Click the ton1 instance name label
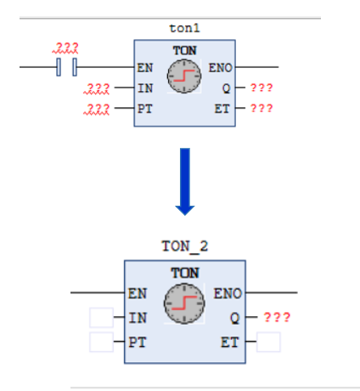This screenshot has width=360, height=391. tap(184, 28)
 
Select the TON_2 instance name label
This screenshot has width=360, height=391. tap(185, 246)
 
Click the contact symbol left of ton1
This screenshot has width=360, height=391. tap(66, 67)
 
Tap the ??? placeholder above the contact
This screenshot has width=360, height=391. tap(65, 48)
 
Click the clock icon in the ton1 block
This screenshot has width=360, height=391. tap(184, 76)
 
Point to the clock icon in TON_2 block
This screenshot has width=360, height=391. tap(184, 303)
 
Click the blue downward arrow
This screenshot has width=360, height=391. tap(185, 182)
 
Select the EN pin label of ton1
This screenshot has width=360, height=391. tap(145, 68)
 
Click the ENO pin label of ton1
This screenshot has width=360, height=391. tap(220, 68)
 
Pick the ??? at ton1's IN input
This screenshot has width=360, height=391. tap(97, 88)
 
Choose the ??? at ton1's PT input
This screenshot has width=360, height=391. tap(97, 109)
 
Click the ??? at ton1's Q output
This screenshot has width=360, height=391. tap(262, 88)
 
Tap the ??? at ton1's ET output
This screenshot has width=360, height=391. tap(262, 108)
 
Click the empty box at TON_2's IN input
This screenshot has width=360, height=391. tap(101, 318)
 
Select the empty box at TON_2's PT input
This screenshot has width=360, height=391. tap(101, 342)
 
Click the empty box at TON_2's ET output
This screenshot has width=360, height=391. tap(268, 342)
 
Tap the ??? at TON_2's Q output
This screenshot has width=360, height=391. tap(277, 317)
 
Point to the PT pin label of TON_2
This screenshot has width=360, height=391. tap(138, 343)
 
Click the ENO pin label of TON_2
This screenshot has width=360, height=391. tap(228, 293)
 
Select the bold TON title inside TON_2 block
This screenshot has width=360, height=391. tap(185, 273)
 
